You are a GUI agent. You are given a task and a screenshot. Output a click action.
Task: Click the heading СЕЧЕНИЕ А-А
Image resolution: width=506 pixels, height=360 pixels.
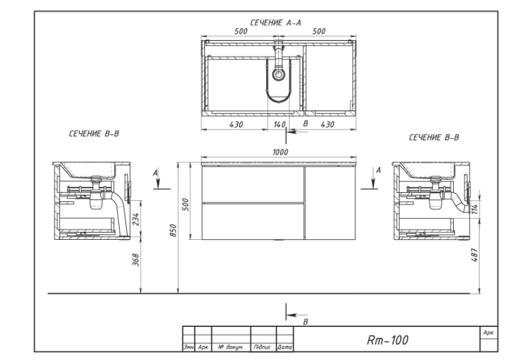pyautogui.click(x=275, y=22)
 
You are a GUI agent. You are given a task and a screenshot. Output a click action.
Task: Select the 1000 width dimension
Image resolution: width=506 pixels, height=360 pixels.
pyautogui.click(x=280, y=153)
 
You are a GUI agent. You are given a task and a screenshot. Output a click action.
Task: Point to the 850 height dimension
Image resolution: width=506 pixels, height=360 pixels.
pyautogui.click(x=173, y=231)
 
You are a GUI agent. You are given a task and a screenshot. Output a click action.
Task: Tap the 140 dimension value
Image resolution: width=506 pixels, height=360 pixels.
pyautogui.click(x=279, y=125)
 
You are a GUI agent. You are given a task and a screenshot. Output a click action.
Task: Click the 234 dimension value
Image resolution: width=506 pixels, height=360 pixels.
pyautogui.click(x=136, y=219)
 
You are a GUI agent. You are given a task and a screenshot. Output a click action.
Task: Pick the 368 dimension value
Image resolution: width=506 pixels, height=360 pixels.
pyautogui.click(x=136, y=260)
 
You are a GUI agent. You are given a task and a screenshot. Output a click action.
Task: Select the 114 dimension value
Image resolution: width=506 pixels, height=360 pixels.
pyautogui.click(x=474, y=209)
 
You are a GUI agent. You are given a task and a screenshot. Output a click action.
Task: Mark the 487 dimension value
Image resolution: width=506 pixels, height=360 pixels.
pyautogui.click(x=474, y=255)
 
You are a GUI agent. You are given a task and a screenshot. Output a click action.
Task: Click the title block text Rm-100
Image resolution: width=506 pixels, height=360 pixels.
pyautogui.click(x=387, y=340)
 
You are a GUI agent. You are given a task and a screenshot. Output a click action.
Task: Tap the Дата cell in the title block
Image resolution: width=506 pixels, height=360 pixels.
pyautogui.click(x=285, y=347)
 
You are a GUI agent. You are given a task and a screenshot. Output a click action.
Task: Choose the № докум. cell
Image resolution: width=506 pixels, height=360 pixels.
pyautogui.click(x=231, y=347)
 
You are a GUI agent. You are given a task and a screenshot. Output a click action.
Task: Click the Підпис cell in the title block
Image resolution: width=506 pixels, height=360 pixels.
pyautogui.click(x=262, y=347)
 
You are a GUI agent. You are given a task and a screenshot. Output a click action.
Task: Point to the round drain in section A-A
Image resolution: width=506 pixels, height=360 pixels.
pyautogui.click(x=279, y=74)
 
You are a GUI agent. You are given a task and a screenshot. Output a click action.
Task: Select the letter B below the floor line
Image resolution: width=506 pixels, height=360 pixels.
pyautogui.click(x=305, y=322)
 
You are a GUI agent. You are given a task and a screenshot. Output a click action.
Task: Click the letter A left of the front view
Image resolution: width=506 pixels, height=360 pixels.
pyautogui.click(x=155, y=173)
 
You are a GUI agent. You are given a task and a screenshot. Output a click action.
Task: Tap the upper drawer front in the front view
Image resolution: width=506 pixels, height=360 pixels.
pyautogui.click(x=253, y=184)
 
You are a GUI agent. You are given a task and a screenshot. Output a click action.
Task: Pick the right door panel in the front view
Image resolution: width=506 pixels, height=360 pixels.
pyautogui.click(x=330, y=203)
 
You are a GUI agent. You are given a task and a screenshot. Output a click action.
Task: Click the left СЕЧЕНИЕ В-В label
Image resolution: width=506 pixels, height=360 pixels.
pyautogui.click(x=94, y=133)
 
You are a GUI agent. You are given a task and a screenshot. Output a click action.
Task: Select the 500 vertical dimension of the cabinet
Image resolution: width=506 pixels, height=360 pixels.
pyautogui.click(x=186, y=205)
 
